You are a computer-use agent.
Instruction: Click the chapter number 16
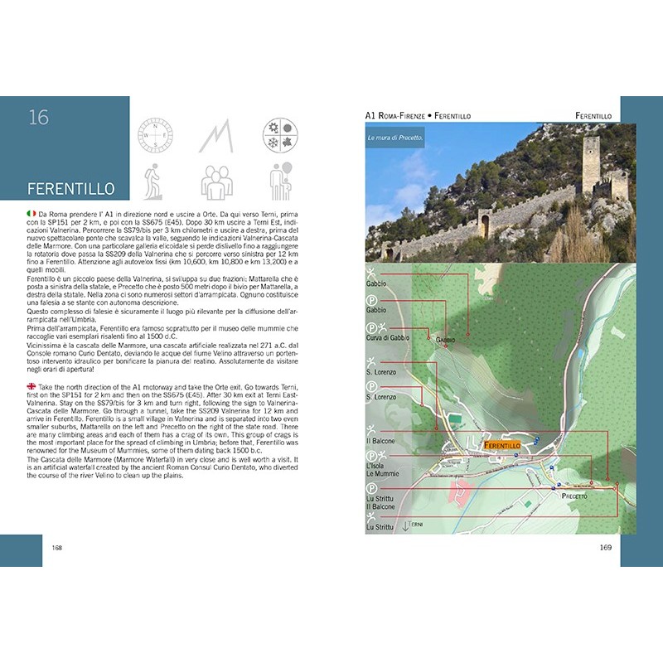[x=38, y=118]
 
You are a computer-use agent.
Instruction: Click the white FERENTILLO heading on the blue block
[x=70, y=188]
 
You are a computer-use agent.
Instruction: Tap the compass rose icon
[x=154, y=134]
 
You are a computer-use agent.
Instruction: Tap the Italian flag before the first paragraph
[x=31, y=214]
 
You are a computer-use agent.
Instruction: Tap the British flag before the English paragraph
[x=31, y=386]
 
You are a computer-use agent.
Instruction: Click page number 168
[x=57, y=547]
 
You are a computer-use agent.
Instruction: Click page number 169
[x=605, y=547]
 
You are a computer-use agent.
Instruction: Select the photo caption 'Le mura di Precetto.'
[x=395, y=138]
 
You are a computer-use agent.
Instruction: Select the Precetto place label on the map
[x=574, y=496]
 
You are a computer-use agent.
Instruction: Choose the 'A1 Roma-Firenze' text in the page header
[x=398, y=116]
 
